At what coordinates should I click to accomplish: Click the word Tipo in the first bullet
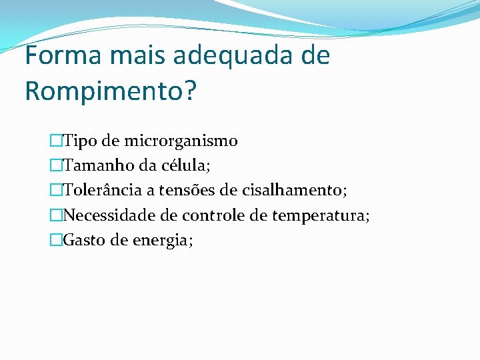tap(79, 141)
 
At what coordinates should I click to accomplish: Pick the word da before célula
tap(147, 166)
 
